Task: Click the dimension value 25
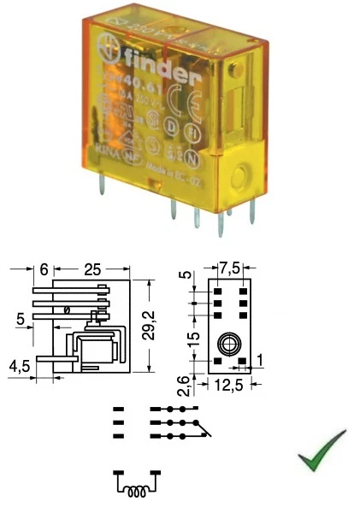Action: (x=93, y=268)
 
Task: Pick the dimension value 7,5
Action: (x=227, y=268)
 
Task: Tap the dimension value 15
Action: (x=195, y=340)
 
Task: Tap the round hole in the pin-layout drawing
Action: (x=227, y=345)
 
